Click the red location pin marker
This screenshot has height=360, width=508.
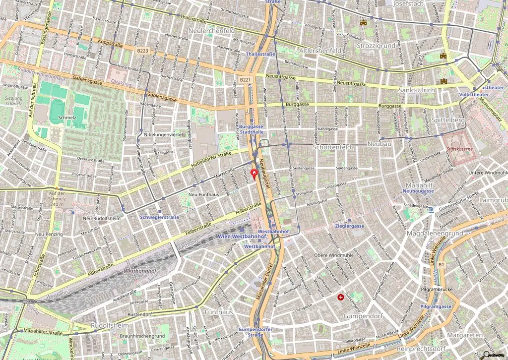[255, 174]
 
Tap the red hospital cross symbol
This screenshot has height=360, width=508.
[341, 298]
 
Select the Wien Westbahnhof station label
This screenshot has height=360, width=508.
[236, 237]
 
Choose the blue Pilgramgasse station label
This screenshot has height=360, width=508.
[436, 306]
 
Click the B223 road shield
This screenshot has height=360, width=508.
[143, 51]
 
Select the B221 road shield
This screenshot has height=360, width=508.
[245, 79]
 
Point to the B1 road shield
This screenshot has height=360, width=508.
[441, 265]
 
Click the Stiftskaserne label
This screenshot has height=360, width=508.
[459, 148]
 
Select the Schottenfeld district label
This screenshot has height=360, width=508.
[331, 147]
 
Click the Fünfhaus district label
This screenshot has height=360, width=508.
[218, 312]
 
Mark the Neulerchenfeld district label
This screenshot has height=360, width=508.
[212, 31]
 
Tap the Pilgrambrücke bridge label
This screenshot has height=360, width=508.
[434, 289]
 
